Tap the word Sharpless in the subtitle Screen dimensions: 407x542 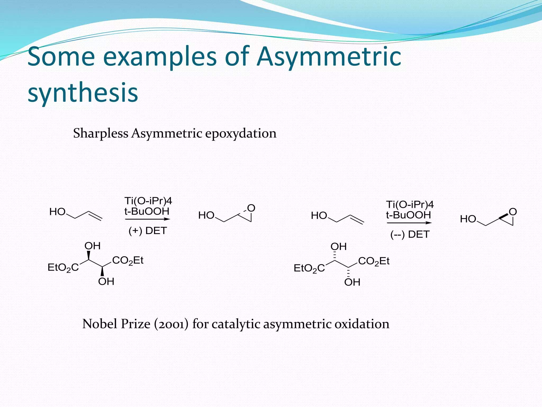pyautogui.click(x=101, y=133)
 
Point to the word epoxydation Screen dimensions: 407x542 pyautogui.click(x=241, y=134)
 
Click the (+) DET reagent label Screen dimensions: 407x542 pyautogui.click(x=148, y=231)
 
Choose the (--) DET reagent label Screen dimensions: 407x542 pyautogui.click(x=410, y=235)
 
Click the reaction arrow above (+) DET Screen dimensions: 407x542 pyautogui.click(x=147, y=219)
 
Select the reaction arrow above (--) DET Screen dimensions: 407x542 pyautogui.click(x=409, y=223)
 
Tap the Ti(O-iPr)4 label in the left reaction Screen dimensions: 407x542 pyautogui.click(x=148, y=201)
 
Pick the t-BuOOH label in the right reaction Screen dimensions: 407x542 pyautogui.click(x=408, y=215)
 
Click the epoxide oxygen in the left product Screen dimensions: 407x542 pyautogui.click(x=251, y=208)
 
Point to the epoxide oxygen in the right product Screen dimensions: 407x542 pyautogui.click(x=513, y=212)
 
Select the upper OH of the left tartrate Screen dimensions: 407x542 pyautogui.click(x=92, y=246)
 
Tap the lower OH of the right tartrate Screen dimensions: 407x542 pyautogui.click(x=352, y=282)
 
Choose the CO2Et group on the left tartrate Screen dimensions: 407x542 pyautogui.click(x=128, y=260)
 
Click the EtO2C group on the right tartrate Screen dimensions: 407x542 pyautogui.click(x=309, y=268)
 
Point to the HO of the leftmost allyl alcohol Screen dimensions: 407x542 pyautogui.click(x=57, y=212)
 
